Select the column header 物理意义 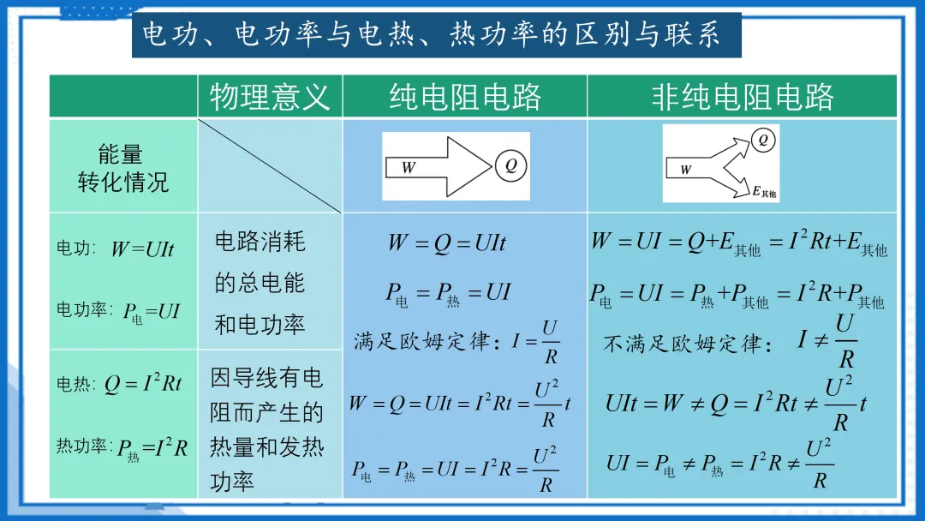click(270, 96)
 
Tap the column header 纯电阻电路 click(465, 96)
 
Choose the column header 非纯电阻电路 click(742, 96)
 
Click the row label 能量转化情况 click(123, 168)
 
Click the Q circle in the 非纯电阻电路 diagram click(762, 140)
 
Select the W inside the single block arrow click(409, 168)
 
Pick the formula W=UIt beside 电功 click(142, 249)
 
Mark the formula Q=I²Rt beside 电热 click(143, 384)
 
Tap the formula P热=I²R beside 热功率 click(152, 448)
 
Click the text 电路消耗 click(260, 242)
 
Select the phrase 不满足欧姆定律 click(683, 344)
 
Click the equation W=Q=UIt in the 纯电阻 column click(446, 243)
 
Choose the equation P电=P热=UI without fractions click(447, 294)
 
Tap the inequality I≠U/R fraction click(827, 340)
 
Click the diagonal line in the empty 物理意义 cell click(270, 165)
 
